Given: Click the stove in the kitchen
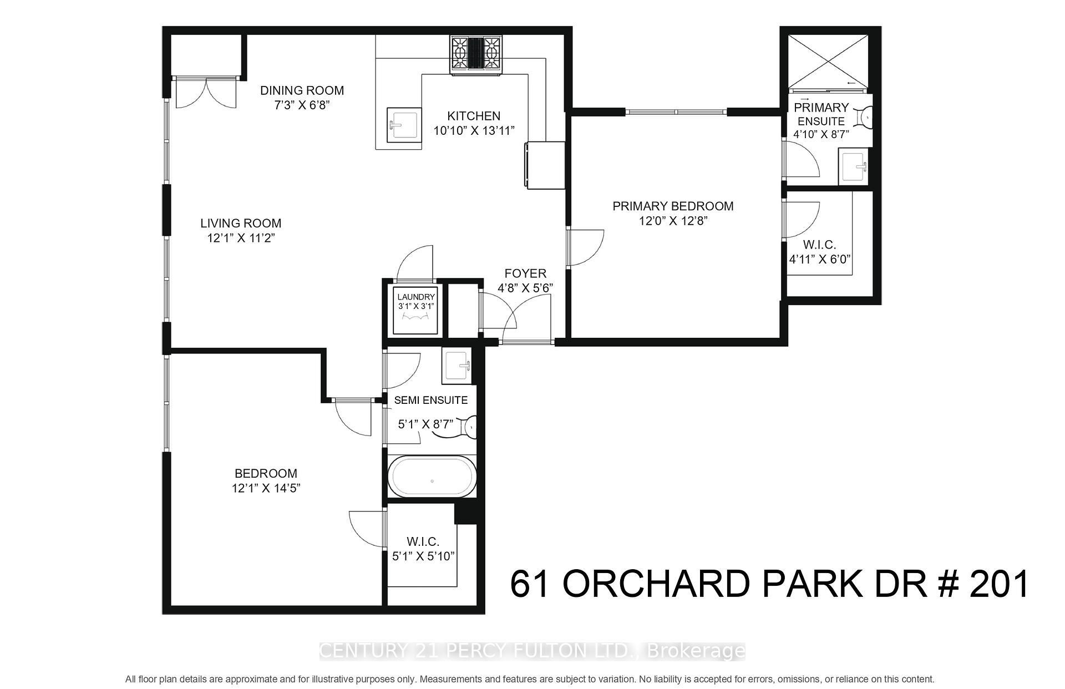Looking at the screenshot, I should (476, 54).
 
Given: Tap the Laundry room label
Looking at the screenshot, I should (416, 297).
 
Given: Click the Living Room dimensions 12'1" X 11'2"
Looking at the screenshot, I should (241, 238).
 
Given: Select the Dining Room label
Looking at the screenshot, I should (302, 90).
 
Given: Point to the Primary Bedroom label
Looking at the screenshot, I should (672, 206).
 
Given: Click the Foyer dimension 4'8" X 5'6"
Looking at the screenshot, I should (525, 288).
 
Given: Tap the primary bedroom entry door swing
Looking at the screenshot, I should (585, 247).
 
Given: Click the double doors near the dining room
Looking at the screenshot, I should (205, 93).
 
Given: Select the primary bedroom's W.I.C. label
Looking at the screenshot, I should (819, 245).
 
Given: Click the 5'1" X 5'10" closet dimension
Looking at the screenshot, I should (423, 556).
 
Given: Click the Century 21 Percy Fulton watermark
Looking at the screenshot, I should (532, 651).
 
